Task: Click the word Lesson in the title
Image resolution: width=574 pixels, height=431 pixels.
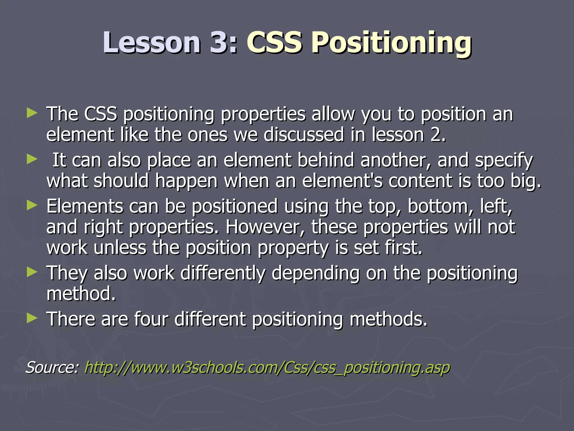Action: point(151,43)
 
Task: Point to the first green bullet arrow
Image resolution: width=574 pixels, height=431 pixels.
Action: point(32,113)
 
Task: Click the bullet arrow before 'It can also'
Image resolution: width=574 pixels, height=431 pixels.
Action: point(32,160)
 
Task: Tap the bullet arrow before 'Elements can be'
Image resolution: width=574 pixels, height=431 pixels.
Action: point(32,206)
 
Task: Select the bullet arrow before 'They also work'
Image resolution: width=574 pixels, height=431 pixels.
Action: point(32,272)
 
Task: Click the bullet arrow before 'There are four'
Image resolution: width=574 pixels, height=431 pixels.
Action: point(32,318)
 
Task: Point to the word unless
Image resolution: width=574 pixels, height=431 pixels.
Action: point(120,247)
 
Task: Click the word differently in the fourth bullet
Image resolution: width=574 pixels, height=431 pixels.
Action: point(223,273)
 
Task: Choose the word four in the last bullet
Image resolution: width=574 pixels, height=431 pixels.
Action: point(151,319)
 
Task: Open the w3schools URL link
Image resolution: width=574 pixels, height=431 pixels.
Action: point(267,368)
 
